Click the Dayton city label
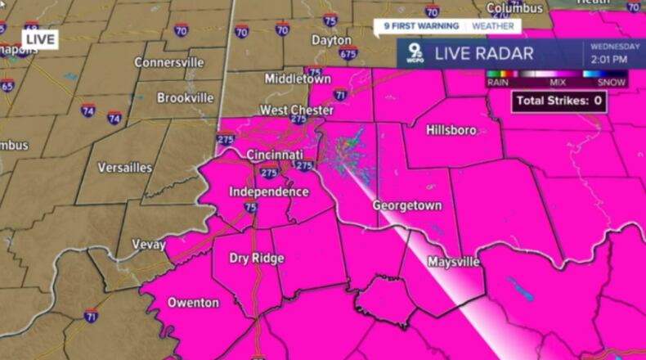331,40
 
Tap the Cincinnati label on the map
275,155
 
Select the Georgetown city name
406,205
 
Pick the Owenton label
193,303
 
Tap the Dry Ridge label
257,259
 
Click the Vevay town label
149,245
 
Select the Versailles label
125,168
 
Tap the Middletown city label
298,79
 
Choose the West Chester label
296,110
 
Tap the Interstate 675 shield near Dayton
348,54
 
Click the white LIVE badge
40,38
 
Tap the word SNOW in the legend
612,83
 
